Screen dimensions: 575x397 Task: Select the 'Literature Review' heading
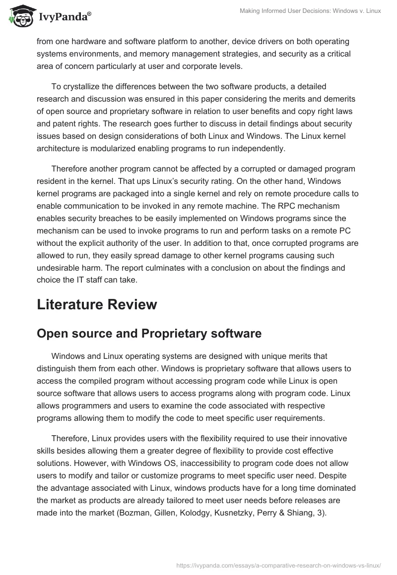coord(97,304)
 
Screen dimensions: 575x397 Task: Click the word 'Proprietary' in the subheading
coord(173,334)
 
